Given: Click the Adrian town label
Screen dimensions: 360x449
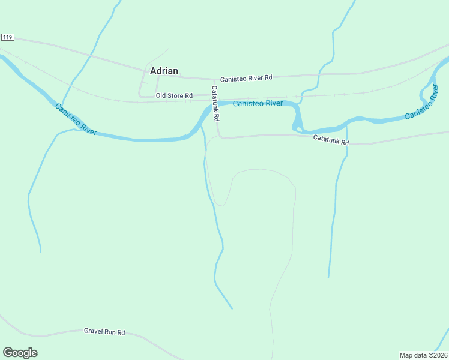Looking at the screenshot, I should (164, 71).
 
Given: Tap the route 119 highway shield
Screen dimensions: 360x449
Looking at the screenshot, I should (7, 37).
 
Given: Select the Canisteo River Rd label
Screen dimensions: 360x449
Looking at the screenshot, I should (246, 79).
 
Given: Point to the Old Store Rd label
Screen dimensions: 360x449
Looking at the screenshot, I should (174, 95).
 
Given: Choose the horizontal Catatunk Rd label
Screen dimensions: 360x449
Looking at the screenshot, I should (331, 140).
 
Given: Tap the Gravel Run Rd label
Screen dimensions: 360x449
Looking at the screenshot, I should (104, 331).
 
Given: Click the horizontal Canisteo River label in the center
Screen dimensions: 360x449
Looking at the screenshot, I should (258, 103).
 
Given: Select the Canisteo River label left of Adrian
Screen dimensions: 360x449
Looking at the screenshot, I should (76, 119).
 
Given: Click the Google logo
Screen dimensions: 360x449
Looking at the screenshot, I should (20, 353).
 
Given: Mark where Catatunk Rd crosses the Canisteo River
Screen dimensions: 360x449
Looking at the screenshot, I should (216, 106).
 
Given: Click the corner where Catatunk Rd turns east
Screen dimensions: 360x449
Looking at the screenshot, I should (220, 137).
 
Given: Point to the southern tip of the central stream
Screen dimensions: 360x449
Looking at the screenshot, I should (232, 308).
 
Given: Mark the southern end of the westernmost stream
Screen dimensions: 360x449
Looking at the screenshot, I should (41, 251).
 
